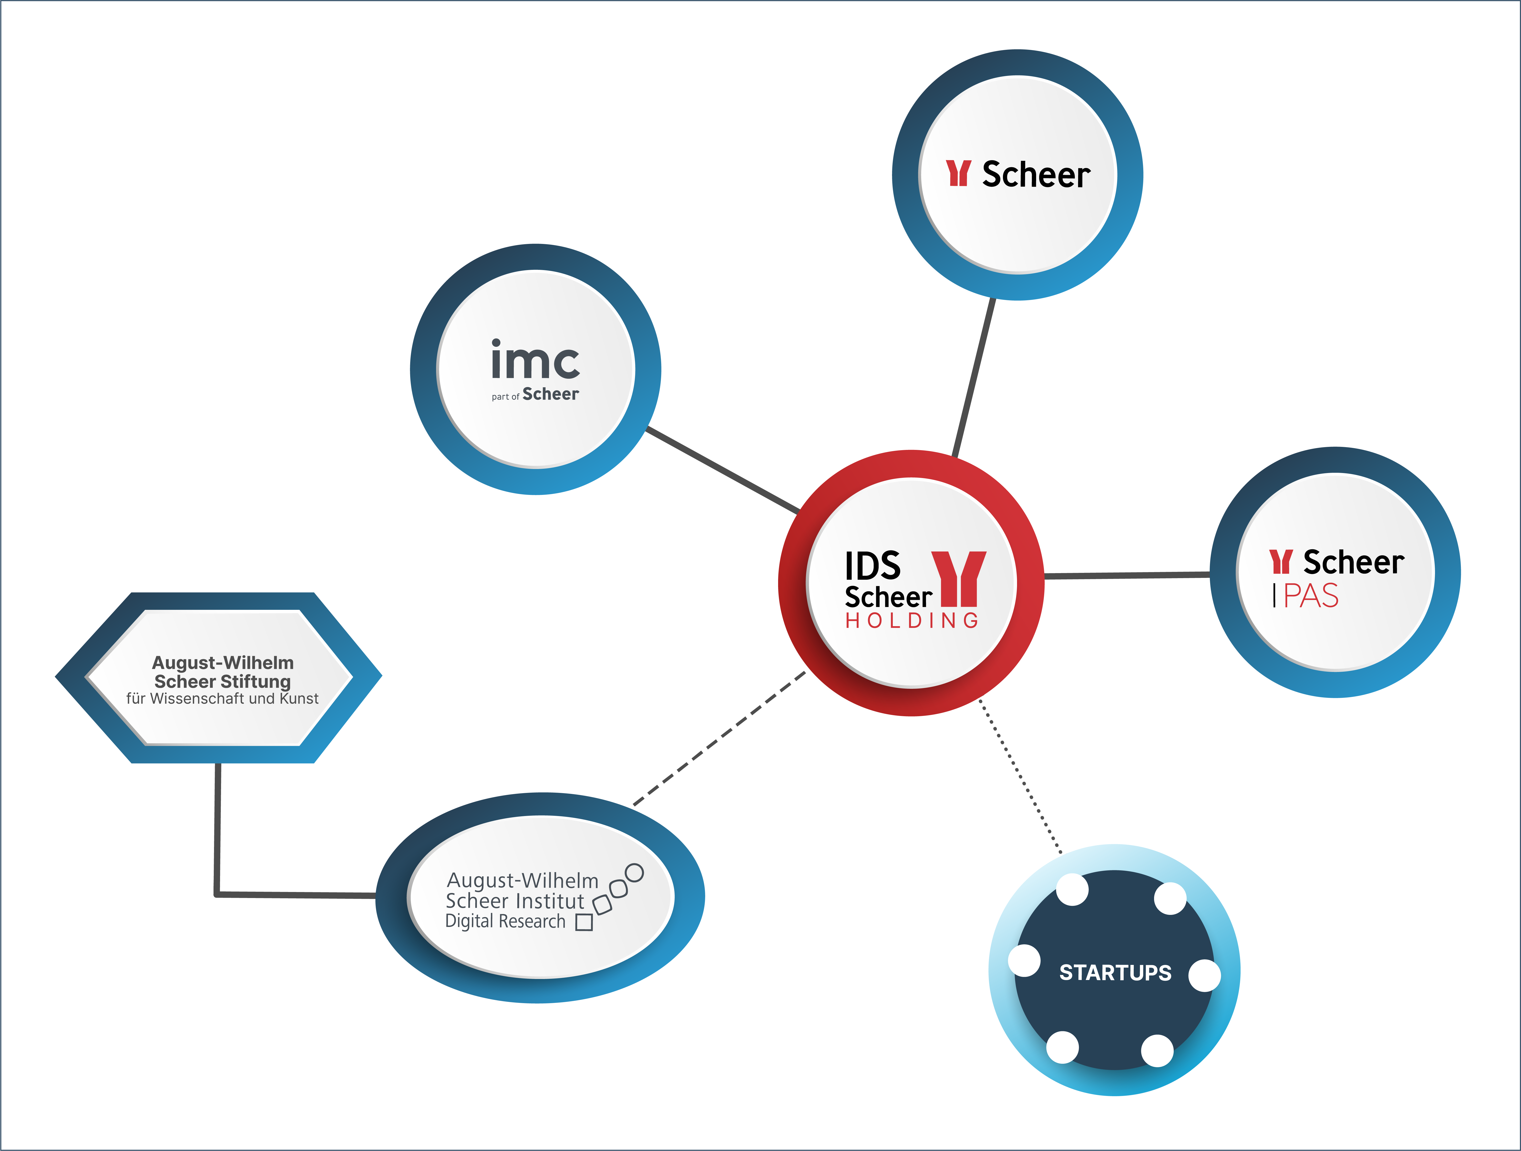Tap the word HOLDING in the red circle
click(x=912, y=621)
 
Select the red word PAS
click(x=1311, y=595)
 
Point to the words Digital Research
click(x=505, y=921)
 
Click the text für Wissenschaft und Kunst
click(x=222, y=699)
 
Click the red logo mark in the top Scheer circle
click(x=958, y=173)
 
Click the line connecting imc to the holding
click(x=723, y=470)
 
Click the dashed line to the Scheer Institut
click(x=719, y=738)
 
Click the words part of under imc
click(x=505, y=397)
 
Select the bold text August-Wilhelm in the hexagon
click(x=223, y=663)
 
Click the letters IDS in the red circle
click(x=873, y=566)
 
